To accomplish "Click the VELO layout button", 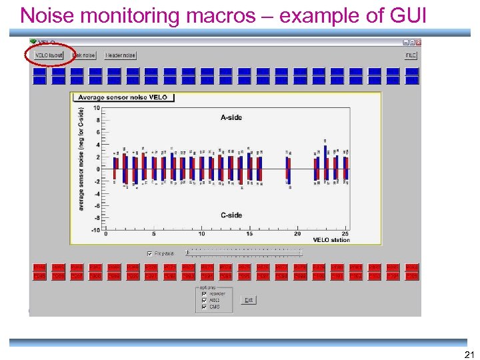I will [x=49, y=56].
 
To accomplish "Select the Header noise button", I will [x=121, y=56].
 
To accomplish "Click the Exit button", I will [x=249, y=300].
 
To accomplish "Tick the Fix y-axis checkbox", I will [x=149, y=253].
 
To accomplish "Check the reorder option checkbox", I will [x=203, y=293].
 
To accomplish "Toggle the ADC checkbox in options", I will [x=203, y=300].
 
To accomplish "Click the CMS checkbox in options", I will [x=203, y=307].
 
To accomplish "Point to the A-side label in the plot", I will [x=231, y=117].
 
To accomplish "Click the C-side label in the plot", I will [x=231, y=215].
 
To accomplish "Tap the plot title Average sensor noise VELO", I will [x=123, y=97].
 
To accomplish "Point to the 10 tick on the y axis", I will [x=97, y=108].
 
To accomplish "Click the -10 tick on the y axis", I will [x=95, y=230].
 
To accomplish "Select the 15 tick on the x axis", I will [x=249, y=234].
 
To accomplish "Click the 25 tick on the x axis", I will [x=345, y=234].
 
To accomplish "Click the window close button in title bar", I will [x=418, y=42].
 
